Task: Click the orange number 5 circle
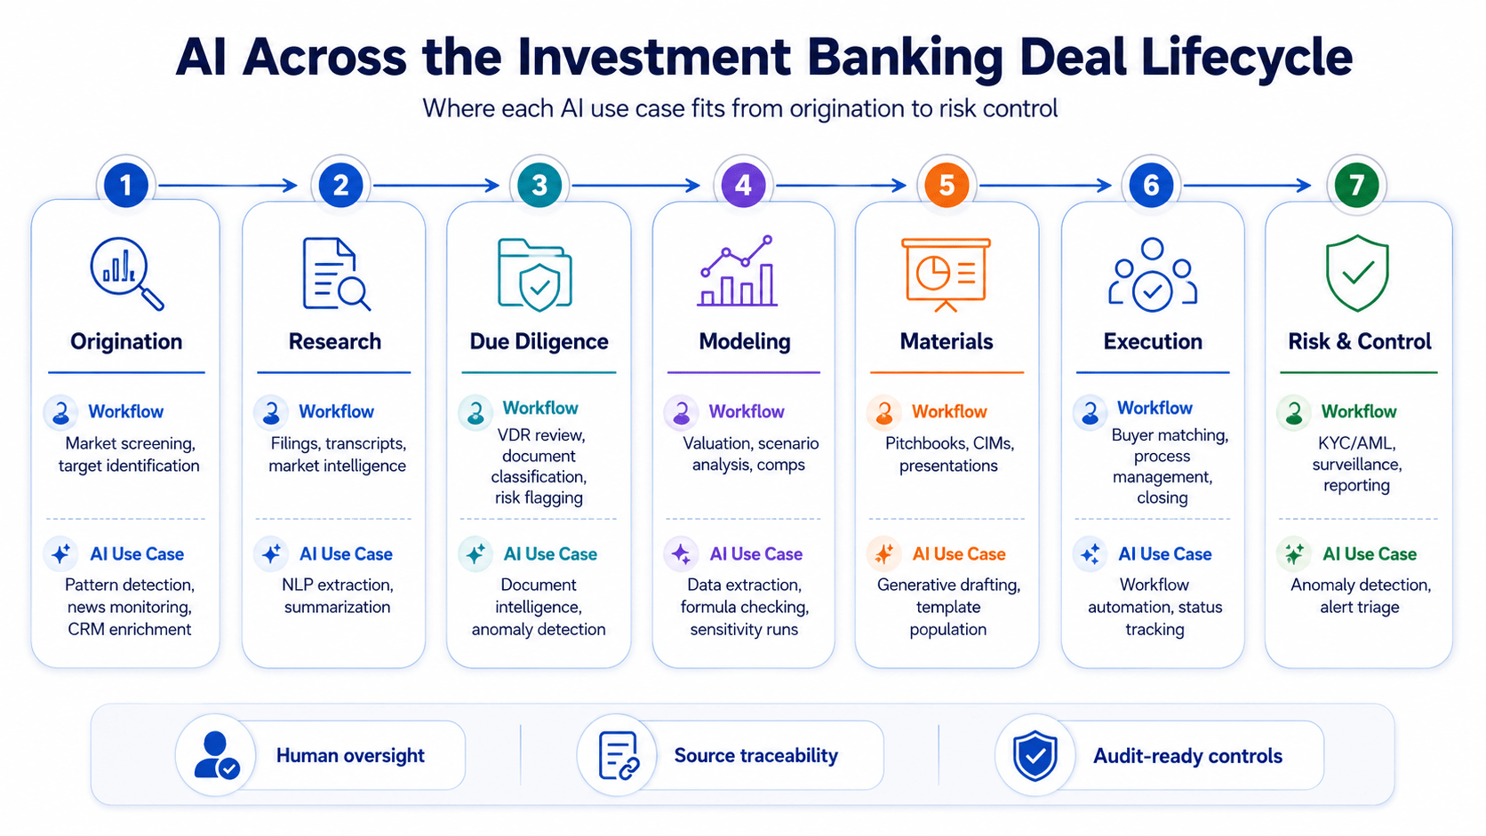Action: [x=947, y=185]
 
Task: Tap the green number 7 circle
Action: [x=1356, y=185]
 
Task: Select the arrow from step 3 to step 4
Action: [x=635, y=186]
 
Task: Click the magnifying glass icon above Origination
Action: [x=127, y=273]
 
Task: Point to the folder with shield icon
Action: [x=535, y=275]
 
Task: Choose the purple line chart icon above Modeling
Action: [x=738, y=270]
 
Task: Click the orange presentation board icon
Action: [x=946, y=275]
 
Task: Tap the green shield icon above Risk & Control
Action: [x=1357, y=273]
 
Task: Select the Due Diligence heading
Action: [x=539, y=341]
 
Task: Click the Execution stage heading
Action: [x=1153, y=341]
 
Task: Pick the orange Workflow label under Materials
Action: [x=949, y=411]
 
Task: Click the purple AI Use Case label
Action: [x=756, y=553]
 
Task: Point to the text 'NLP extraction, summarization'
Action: [x=338, y=595]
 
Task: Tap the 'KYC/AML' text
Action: [x=1356, y=442]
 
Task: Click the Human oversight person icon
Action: [x=216, y=754]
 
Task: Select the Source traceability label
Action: [x=756, y=755]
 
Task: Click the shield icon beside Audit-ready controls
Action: [x=1035, y=756]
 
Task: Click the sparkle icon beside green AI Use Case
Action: [x=1294, y=553]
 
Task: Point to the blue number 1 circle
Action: [x=126, y=185]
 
